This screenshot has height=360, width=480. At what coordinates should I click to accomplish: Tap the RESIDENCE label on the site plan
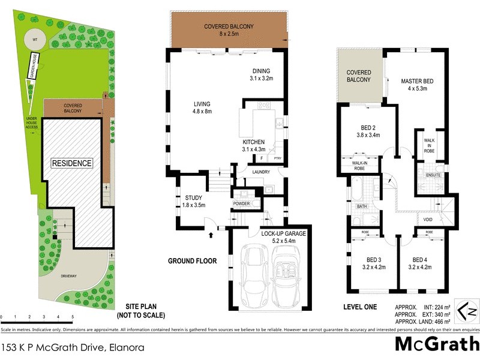tap(71, 163)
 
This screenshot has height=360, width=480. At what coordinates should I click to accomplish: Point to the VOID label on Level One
tap(428, 219)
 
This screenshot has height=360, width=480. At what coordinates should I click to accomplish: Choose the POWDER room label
tap(242, 203)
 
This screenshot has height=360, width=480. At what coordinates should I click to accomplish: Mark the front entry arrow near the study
tap(210, 235)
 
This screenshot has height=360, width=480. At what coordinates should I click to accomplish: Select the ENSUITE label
tap(433, 175)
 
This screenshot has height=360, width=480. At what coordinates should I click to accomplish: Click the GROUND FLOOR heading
tap(193, 261)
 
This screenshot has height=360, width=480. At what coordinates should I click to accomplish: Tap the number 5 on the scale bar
tap(73, 316)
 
